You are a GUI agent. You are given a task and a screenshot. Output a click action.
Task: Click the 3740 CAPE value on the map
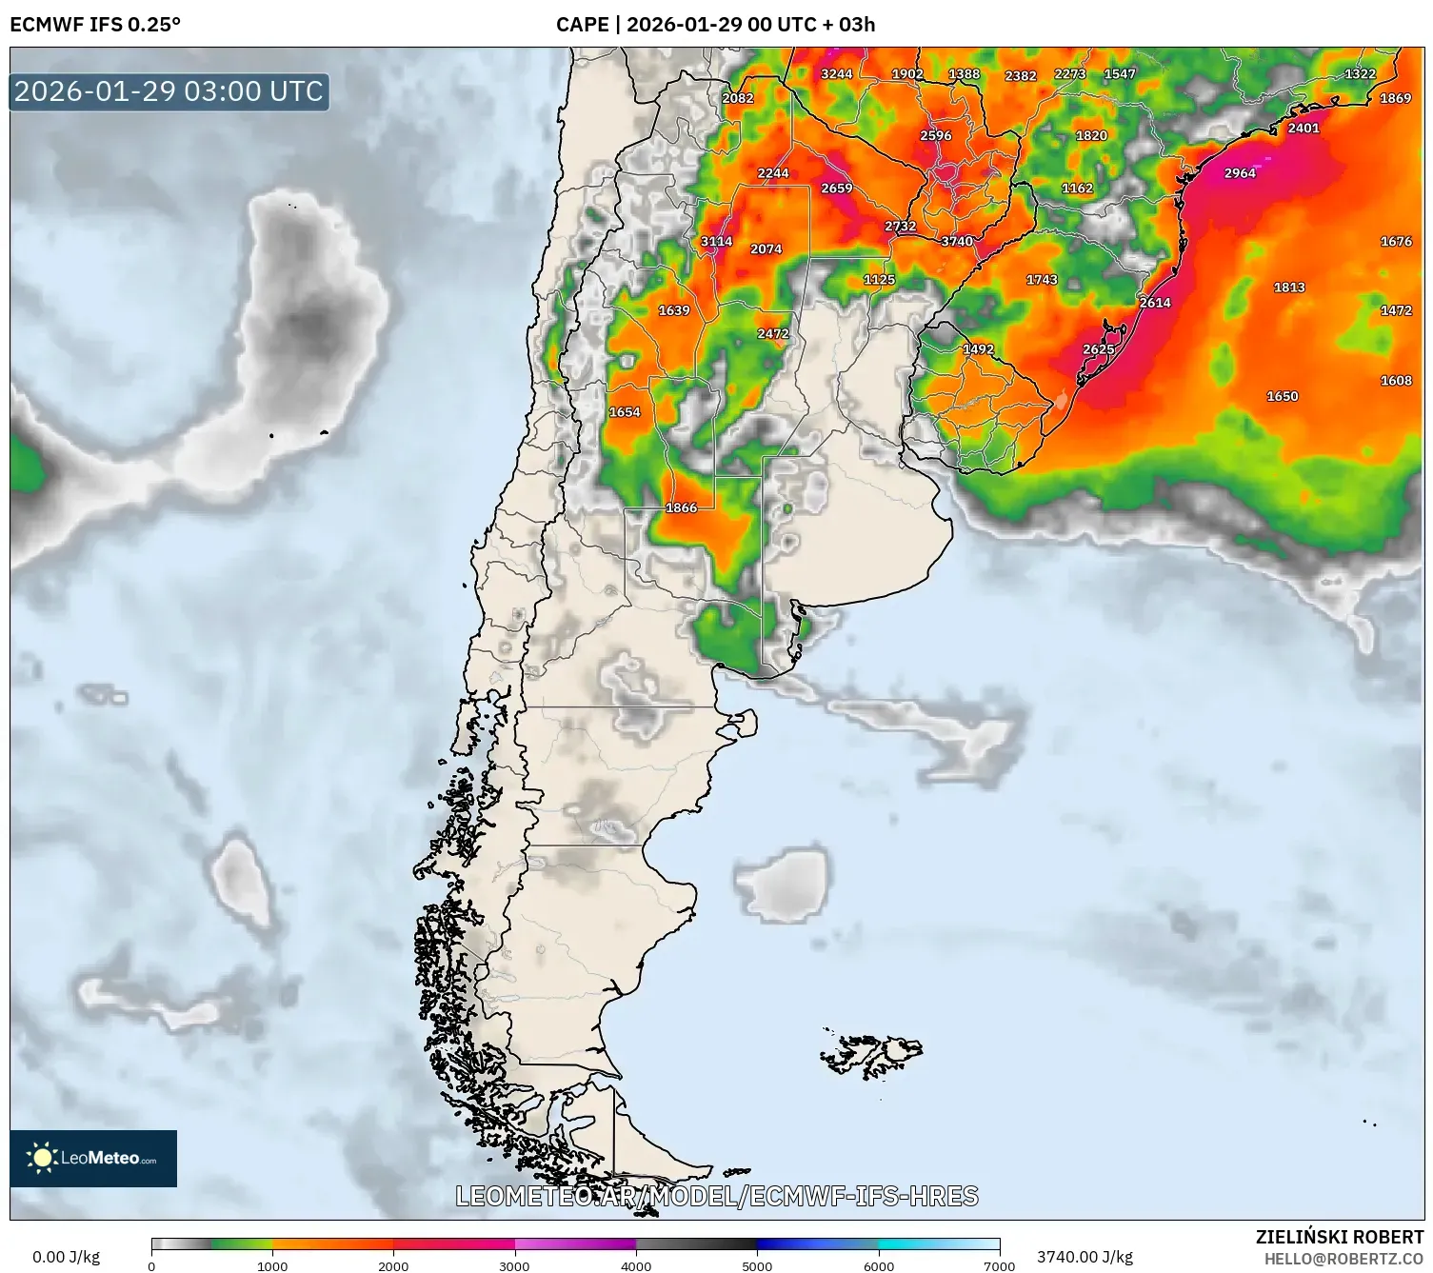coord(957,242)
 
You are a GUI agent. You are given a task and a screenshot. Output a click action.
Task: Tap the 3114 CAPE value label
coord(716,242)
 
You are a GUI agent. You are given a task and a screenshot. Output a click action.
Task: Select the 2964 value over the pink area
coord(1240,173)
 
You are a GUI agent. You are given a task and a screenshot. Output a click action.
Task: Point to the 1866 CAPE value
coord(681,508)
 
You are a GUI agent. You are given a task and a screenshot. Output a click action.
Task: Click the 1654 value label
coord(625,412)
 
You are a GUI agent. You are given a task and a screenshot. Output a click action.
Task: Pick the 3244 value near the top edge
coord(836,74)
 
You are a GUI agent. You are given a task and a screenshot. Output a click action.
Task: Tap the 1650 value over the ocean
coord(1282,397)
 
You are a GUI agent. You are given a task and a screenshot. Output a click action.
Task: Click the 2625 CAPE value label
coord(1098,350)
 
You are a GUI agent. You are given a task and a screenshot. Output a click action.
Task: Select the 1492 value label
coord(978,349)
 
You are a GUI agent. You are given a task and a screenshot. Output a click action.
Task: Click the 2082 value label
coord(737,98)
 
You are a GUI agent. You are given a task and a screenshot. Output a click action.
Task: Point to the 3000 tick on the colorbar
coord(515,1265)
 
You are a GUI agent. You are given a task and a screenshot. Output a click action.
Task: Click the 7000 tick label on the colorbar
coord(999,1265)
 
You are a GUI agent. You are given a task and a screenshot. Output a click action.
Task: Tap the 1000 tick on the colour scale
coord(272,1265)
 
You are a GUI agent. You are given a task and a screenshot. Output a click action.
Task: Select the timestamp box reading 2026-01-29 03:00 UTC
coord(169,91)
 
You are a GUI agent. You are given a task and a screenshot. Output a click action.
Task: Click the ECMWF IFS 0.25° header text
coord(95,25)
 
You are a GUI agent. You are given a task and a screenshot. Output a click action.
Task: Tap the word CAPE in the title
coord(582,25)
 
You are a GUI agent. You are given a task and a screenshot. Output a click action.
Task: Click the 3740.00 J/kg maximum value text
coord(1085,1257)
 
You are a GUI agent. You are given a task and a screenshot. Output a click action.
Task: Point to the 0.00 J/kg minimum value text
coord(66,1257)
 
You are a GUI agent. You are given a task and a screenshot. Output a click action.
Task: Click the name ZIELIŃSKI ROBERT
coord(1339,1238)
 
